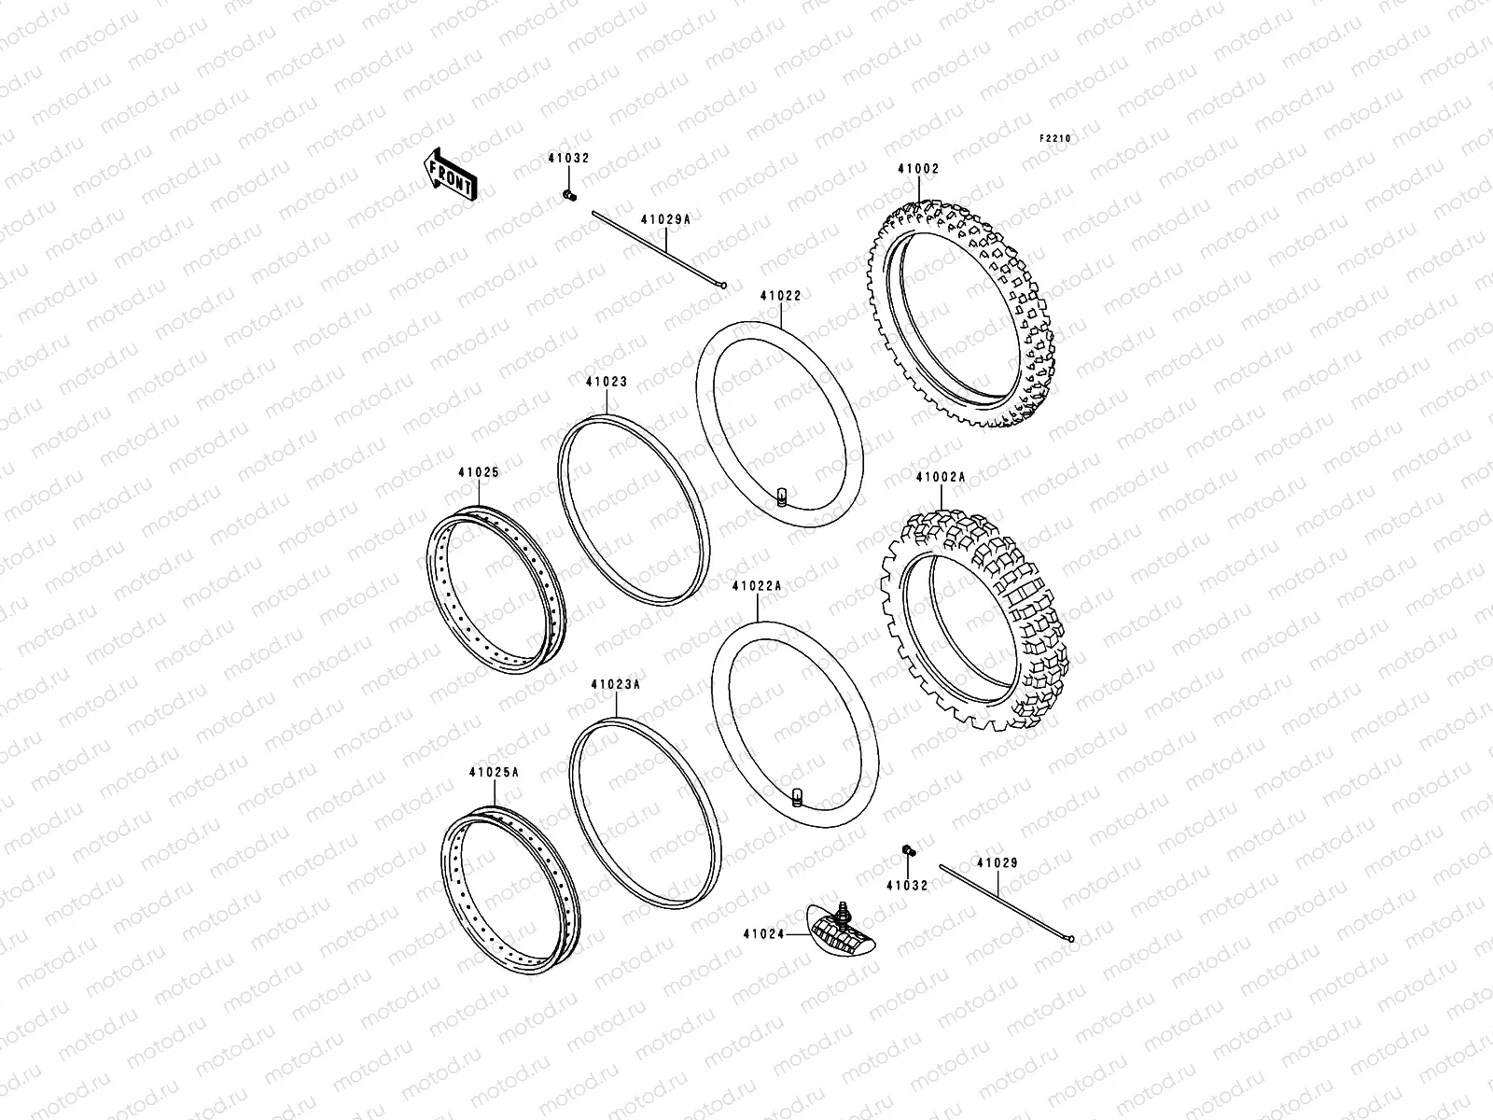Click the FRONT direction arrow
451,175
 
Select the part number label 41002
918,170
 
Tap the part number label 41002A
940,477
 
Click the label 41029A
665,220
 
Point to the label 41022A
757,586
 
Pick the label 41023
607,382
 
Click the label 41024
763,932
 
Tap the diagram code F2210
1056,138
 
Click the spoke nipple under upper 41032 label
567,195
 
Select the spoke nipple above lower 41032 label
907,850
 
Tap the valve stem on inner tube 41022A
798,794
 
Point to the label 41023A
615,684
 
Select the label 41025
478,473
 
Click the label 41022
780,296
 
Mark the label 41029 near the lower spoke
998,863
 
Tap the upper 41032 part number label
567,159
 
